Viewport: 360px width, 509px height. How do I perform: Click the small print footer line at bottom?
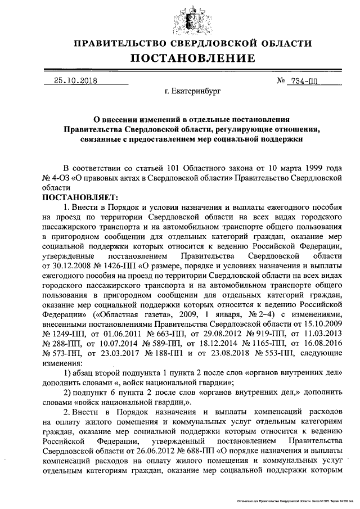tap(295, 499)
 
